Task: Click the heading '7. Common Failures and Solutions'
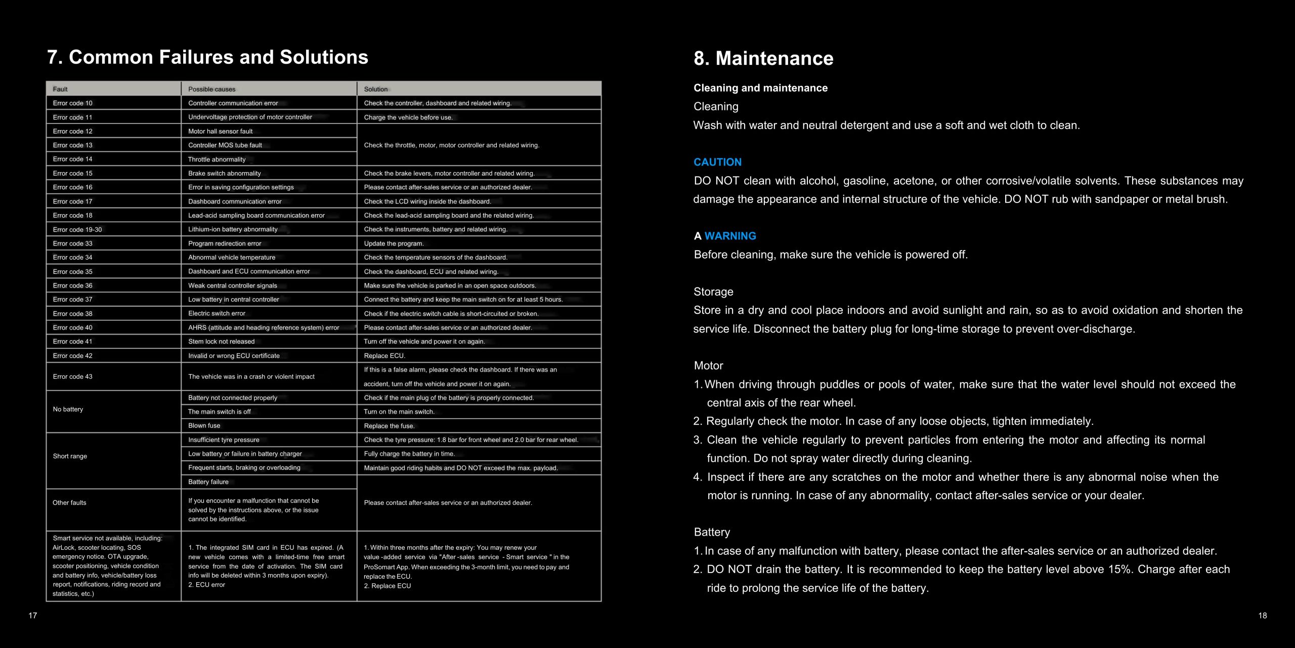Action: pos(207,57)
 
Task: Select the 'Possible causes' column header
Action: pos(211,89)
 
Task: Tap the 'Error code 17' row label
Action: pos(72,201)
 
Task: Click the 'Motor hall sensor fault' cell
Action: pos(220,131)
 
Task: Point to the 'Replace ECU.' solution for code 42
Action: pos(384,356)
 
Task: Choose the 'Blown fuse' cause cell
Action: pos(204,426)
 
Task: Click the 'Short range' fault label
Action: pos(70,456)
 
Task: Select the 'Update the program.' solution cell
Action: pos(394,244)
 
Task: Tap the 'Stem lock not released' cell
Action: pos(221,342)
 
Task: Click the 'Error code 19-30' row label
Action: pos(77,229)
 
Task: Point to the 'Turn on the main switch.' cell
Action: pos(399,412)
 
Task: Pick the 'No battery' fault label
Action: pos(68,409)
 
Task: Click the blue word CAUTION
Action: pos(717,162)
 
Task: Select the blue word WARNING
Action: pos(730,236)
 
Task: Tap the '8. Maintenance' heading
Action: pos(763,58)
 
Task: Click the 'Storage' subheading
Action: pos(713,292)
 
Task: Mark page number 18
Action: pos(1263,616)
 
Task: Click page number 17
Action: pos(33,616)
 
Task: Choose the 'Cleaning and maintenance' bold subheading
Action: pos(760,88)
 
